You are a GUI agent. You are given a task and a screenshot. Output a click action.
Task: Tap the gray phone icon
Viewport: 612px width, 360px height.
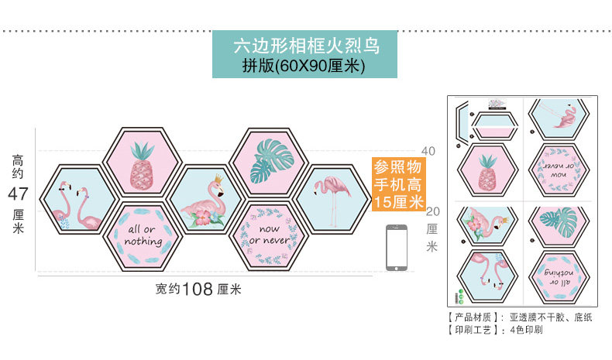pos(397,248)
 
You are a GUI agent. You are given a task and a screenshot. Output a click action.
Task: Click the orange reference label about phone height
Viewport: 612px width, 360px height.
pos(399,185)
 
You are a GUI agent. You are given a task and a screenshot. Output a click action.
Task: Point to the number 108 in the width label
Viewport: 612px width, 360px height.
pos(198,290)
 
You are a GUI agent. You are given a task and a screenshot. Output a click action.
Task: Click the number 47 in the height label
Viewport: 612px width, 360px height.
pos(18,193)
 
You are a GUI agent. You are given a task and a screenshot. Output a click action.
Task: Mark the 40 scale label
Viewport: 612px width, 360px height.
pos(428,150)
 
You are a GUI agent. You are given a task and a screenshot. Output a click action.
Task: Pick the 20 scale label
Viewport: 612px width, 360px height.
pos(432,211)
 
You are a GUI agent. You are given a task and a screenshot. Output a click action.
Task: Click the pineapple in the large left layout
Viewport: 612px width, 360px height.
pos(143,164)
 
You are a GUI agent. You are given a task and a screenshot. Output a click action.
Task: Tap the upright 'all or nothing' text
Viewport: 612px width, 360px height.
pos(143,236)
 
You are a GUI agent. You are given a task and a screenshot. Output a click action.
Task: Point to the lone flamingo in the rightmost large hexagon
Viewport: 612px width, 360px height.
pos(333,196)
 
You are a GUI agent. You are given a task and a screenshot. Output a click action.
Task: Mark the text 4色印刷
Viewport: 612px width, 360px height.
pos(526,330)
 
